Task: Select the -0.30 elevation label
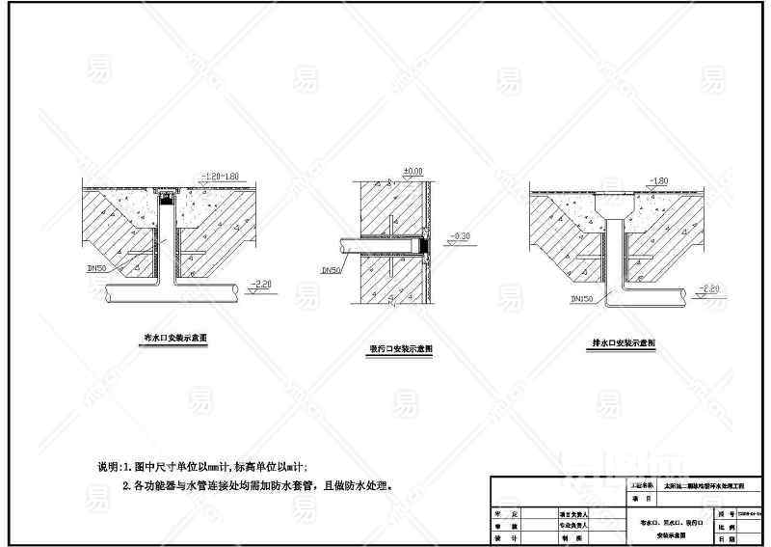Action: (x=462, y=235)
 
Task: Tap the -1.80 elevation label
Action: (x=660, y=180)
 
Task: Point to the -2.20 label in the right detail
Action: (x=709, y=288)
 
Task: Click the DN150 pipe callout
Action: (x=581, y=299)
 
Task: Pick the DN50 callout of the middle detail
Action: (x=330, y=271)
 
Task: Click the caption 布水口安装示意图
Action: (x=173, y=339)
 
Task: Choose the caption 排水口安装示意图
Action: (x=623, y=342)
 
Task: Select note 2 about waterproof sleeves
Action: (x=256, y=486)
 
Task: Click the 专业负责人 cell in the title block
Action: (x=574, y=526)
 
